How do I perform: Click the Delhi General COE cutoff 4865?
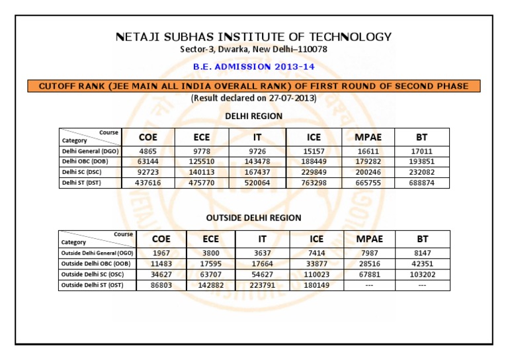148,152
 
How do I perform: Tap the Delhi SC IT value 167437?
257,173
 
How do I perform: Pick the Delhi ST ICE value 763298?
314,183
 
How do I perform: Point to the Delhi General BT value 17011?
421,152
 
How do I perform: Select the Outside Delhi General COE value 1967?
161,253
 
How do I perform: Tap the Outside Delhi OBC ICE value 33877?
316,264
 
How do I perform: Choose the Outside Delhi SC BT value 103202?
422,275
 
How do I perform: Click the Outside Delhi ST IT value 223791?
263,285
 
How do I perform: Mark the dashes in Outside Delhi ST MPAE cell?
369,285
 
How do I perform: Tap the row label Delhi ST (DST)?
81,183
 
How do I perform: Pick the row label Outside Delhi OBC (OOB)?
95,264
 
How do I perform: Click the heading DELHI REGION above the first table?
254,116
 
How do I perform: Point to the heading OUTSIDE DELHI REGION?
254,218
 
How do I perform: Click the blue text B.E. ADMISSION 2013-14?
254,67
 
